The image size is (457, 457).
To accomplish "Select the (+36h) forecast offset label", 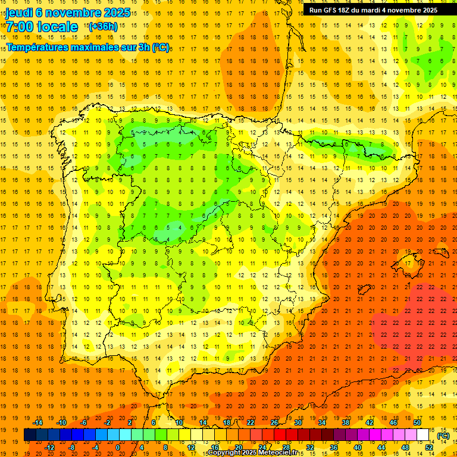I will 102,26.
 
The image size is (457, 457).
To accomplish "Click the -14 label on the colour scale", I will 38,422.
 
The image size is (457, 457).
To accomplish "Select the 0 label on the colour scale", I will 118,447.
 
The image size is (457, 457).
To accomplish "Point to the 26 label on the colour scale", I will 274,422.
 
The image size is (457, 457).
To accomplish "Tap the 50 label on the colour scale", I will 417,422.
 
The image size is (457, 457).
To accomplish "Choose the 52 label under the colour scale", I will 428,447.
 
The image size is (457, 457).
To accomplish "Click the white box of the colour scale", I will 422,435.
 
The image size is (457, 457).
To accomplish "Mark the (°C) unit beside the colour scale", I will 443,435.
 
